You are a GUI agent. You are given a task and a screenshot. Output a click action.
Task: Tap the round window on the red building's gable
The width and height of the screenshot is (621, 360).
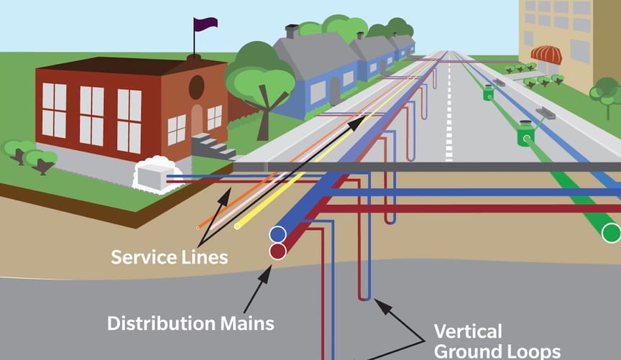tap(195, 87)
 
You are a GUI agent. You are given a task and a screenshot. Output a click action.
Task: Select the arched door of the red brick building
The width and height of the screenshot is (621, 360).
tap(197, 120)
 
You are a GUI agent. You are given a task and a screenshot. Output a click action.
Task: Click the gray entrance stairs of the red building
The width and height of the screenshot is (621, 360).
tap(212, 147)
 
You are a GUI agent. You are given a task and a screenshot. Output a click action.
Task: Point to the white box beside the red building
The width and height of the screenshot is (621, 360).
tap(150, 175)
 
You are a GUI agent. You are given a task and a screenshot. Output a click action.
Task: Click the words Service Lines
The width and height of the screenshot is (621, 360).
tap(169, 257)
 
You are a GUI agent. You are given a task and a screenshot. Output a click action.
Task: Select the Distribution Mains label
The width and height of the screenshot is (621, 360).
tap(190, 323)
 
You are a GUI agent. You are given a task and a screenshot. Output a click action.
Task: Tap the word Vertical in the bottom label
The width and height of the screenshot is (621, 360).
tap(467, 331)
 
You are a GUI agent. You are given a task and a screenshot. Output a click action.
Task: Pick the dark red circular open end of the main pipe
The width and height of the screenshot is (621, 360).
tap(277, 251)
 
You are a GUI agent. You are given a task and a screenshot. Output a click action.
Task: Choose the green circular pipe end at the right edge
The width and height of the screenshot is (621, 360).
tap(611, 233)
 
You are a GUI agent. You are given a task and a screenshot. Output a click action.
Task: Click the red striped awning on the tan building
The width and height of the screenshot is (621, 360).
tap(546, 55)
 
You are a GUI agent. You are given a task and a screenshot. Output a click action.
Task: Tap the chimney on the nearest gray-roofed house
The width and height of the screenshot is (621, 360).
tap(291, 32)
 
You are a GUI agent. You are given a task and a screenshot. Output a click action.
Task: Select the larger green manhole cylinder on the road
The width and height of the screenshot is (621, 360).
tap(526, 134)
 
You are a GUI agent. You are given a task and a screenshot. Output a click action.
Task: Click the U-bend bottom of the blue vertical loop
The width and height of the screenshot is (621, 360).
tap(364, 297)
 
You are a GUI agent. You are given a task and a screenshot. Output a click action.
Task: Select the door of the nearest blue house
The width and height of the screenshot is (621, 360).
tap(334, 90)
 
